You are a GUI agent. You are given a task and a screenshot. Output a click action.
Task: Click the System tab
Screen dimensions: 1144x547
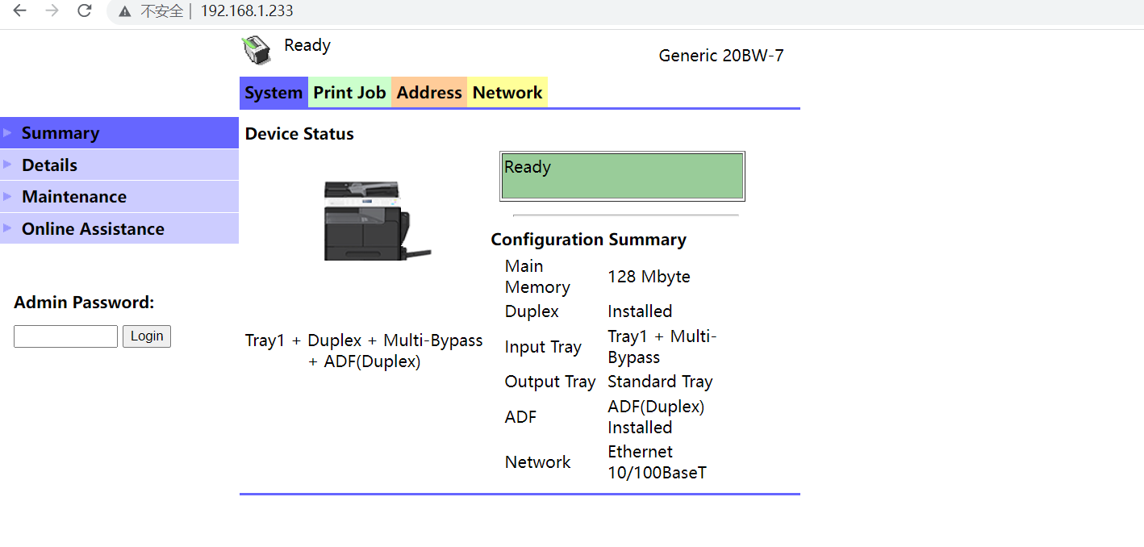point(273,93)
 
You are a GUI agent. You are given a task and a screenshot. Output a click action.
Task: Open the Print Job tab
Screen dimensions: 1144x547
point(349,93)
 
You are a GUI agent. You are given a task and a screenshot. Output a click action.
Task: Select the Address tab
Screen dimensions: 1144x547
point(429,93)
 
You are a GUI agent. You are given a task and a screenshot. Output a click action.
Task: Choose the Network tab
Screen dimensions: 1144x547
point(507,93)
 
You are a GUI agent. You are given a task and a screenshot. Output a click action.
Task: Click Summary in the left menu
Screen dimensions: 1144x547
point(119,133)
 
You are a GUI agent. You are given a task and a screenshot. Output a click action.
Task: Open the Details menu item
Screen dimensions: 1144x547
point(119,165)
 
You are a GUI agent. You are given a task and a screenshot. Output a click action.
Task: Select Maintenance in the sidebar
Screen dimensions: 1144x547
point(119,197)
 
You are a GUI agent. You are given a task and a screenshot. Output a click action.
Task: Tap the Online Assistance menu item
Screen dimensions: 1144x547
point(119,228)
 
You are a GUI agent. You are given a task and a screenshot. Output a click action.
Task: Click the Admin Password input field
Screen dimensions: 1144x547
point(65,336)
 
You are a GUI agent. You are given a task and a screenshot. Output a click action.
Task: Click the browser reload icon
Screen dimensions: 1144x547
point(84,10)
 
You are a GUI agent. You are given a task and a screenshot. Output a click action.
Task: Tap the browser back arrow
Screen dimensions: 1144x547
point(19,10)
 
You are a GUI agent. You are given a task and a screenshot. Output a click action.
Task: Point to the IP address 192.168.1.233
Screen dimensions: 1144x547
point(247,10)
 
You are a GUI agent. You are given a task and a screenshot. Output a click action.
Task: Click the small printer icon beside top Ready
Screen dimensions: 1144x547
point(257,50)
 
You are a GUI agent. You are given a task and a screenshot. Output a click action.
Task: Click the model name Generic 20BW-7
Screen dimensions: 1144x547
point(721,55)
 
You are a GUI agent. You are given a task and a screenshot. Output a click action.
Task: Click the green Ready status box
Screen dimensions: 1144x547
point(622,176)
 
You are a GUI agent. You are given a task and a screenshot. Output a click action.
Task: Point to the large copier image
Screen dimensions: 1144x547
point(378,220)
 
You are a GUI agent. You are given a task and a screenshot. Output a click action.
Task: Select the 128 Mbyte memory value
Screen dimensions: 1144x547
point(649,276)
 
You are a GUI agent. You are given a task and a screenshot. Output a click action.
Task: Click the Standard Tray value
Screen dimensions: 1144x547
point(660,382)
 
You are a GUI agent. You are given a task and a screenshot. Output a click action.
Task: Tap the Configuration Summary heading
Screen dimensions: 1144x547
point(588,239)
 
